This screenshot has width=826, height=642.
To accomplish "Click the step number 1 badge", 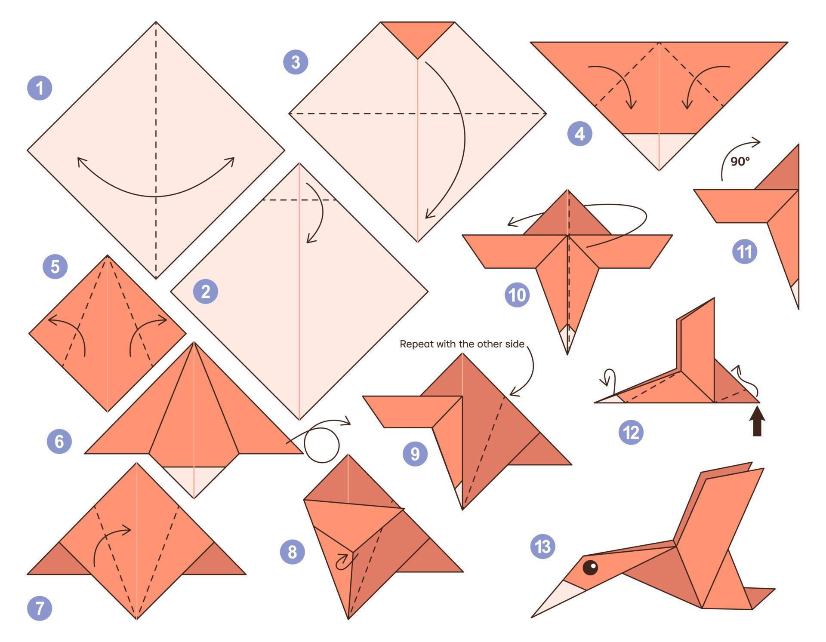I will coord(40,88).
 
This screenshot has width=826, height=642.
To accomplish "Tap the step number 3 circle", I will coord(296,62).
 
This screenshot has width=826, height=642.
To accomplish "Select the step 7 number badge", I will coord(40,608).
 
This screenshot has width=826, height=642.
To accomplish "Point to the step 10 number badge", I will coord(517,295).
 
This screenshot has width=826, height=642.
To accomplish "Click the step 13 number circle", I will coord(543,547).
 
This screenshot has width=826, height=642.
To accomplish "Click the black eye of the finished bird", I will coord(590,568).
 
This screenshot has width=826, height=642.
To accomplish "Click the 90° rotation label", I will coord(740,162).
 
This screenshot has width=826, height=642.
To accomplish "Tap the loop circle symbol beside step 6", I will coord(322,445).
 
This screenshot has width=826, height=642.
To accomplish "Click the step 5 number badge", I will coord(55,267).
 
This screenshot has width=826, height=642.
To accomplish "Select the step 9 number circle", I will coord(415,454).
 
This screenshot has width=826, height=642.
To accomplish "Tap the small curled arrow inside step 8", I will coord(344,561).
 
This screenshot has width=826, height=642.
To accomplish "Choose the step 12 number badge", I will coord(631,432).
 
